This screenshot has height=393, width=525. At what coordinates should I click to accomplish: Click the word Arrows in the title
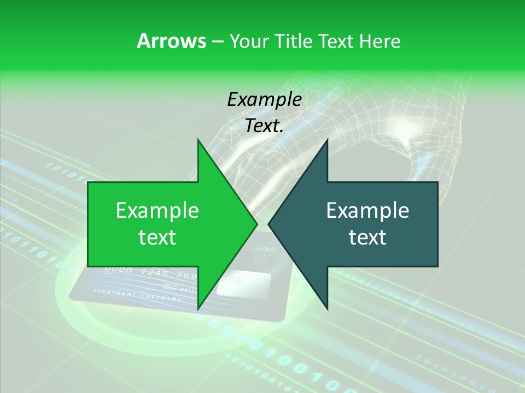(x=171, y=41)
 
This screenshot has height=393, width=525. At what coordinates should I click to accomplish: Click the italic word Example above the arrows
(x=264, y=100)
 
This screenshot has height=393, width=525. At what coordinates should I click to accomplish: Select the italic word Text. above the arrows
(x=264, y=126)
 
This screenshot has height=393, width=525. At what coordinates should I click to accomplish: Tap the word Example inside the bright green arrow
(x=157, y=211)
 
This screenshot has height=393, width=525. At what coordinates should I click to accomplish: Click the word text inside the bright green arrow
(x=157, y=237)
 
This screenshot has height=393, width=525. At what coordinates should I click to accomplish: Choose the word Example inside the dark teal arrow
(x=367, y=211)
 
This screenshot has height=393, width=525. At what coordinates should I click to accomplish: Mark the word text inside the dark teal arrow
(x=367, y=237)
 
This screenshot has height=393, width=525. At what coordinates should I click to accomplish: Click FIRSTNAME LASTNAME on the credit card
(x=137, y=295)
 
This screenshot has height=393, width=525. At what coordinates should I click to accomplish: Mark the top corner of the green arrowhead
(x=198, y=140)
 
